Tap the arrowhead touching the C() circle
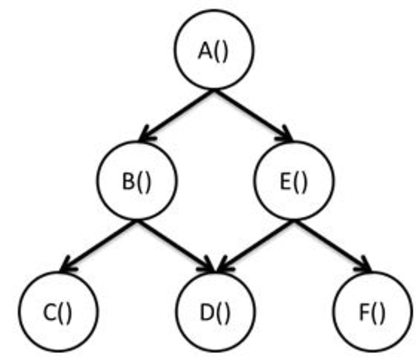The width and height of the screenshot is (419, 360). [66, 266]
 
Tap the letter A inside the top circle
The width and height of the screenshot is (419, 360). [205, 52]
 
